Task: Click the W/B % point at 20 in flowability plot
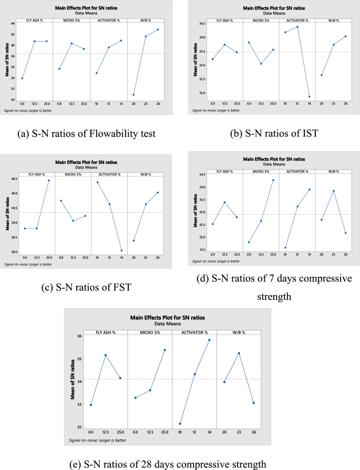tap(134, 95)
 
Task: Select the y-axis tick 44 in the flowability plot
tap(13, 23)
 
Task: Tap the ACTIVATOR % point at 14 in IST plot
tap(308, 97)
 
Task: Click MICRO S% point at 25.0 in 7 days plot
tap(273, 180)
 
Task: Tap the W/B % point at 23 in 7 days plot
tap(333, 191)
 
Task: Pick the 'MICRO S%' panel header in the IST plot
tap(261, 20)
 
